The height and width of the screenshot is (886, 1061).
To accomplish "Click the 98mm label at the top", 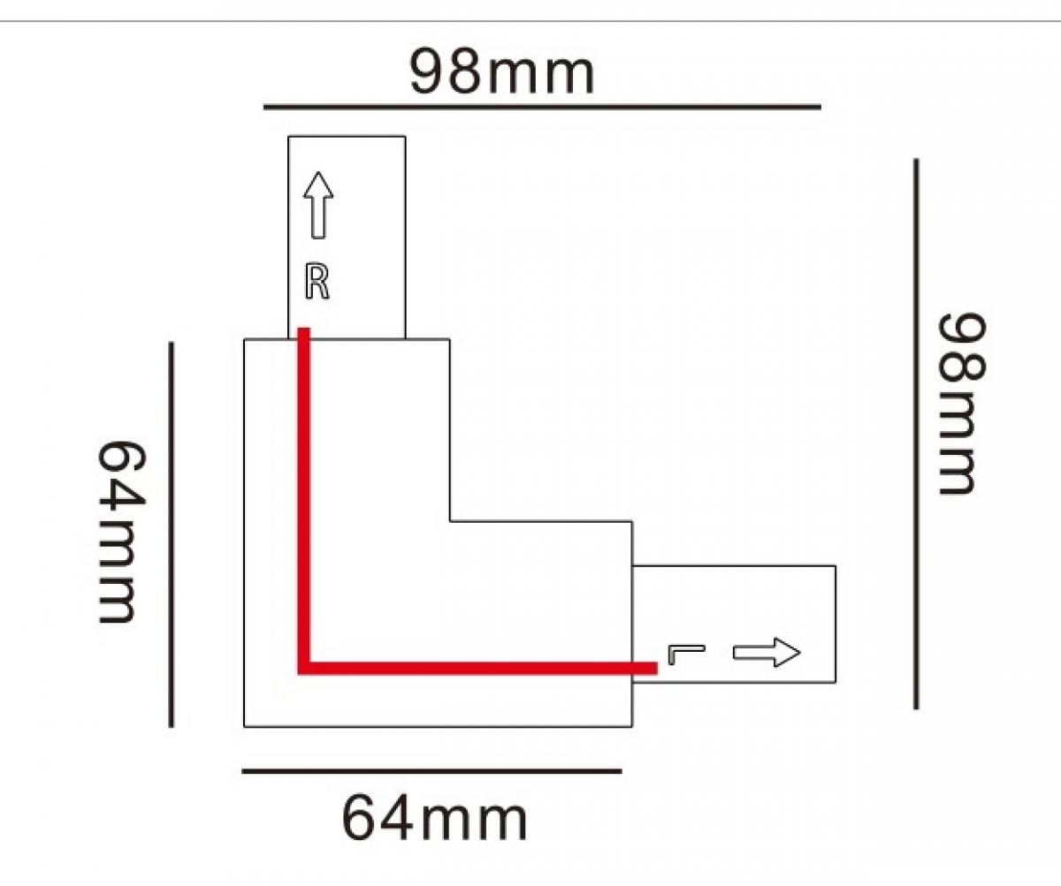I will point(501,72).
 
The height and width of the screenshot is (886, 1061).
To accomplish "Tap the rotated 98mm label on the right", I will point(959,403).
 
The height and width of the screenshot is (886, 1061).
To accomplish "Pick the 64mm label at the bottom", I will point(434,819).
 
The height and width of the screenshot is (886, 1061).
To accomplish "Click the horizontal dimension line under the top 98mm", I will point(542,107).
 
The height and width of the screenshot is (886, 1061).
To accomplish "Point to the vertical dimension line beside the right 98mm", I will point(916,433).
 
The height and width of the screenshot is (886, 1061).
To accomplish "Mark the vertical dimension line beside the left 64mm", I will point(171,534).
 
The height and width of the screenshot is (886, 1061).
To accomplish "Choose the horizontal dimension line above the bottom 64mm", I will point(431,771).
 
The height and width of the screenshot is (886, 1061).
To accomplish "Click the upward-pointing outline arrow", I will point(319,205).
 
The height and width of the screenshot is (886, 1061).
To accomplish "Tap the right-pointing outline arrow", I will point(767,653).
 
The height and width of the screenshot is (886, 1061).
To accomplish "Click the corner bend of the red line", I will point(303,668).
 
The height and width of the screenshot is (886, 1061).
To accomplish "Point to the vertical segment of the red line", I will point(303,495).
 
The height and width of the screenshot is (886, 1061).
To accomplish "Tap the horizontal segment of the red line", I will point(477,668).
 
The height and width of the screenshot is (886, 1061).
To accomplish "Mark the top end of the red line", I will point(303,331).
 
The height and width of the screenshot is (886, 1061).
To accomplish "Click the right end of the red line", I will point(654,668).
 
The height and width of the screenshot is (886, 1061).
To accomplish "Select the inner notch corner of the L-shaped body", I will point(450,521).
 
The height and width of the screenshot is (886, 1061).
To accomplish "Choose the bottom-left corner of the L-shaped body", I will point(244,726).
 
